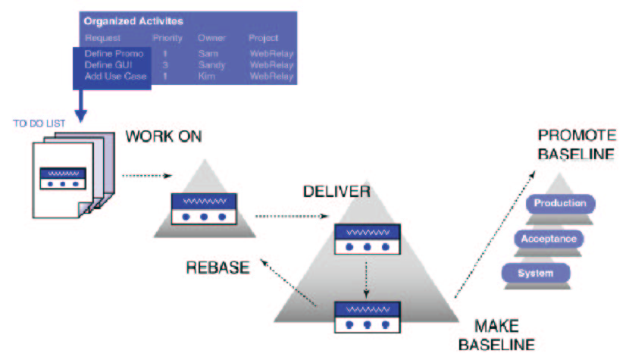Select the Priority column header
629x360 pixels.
coord(167,38)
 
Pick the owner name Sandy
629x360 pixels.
coord(211,66)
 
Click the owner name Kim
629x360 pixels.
coord(207,77)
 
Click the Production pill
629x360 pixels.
coord(559,203)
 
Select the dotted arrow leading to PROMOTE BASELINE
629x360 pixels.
coord(492,227)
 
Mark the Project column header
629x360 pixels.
coord(263,38)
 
